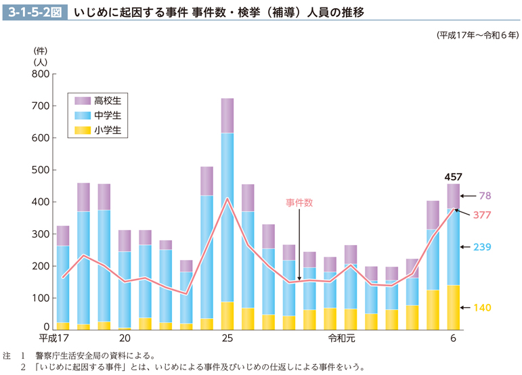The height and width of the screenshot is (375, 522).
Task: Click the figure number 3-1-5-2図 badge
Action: click(x=35, y=12)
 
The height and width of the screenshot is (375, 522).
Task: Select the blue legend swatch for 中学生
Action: click(x=83, y=115)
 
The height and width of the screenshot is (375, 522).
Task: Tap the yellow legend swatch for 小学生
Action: click(x=83, y=130)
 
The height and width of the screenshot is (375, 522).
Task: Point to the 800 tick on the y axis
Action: click(x=41, y=74)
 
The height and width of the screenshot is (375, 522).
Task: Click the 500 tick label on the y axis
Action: click(x=41, y=170)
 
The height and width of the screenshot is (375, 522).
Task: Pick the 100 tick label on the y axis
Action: click(x=41, y=298)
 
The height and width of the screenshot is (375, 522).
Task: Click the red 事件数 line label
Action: click(x=299, y=202)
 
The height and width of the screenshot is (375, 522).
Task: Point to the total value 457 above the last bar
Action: click(x=453, y=177)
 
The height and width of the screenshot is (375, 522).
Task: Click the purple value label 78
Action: click(x=485, y=196)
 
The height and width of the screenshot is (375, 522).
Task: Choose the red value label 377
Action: click(x=481, y=215)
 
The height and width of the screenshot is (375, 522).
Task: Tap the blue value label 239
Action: click(x=481, y=247)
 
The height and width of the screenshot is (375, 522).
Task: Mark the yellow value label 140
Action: click(x=481, y=308)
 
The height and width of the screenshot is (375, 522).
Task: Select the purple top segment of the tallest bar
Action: click(x=227, y=115)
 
